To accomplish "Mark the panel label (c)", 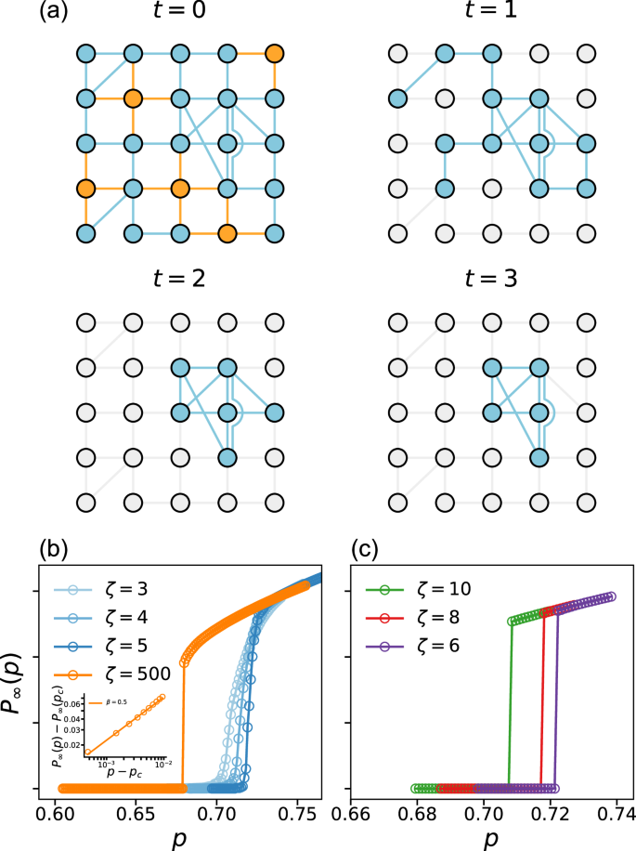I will point(366,548).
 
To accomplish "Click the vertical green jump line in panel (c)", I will point(509,706).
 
